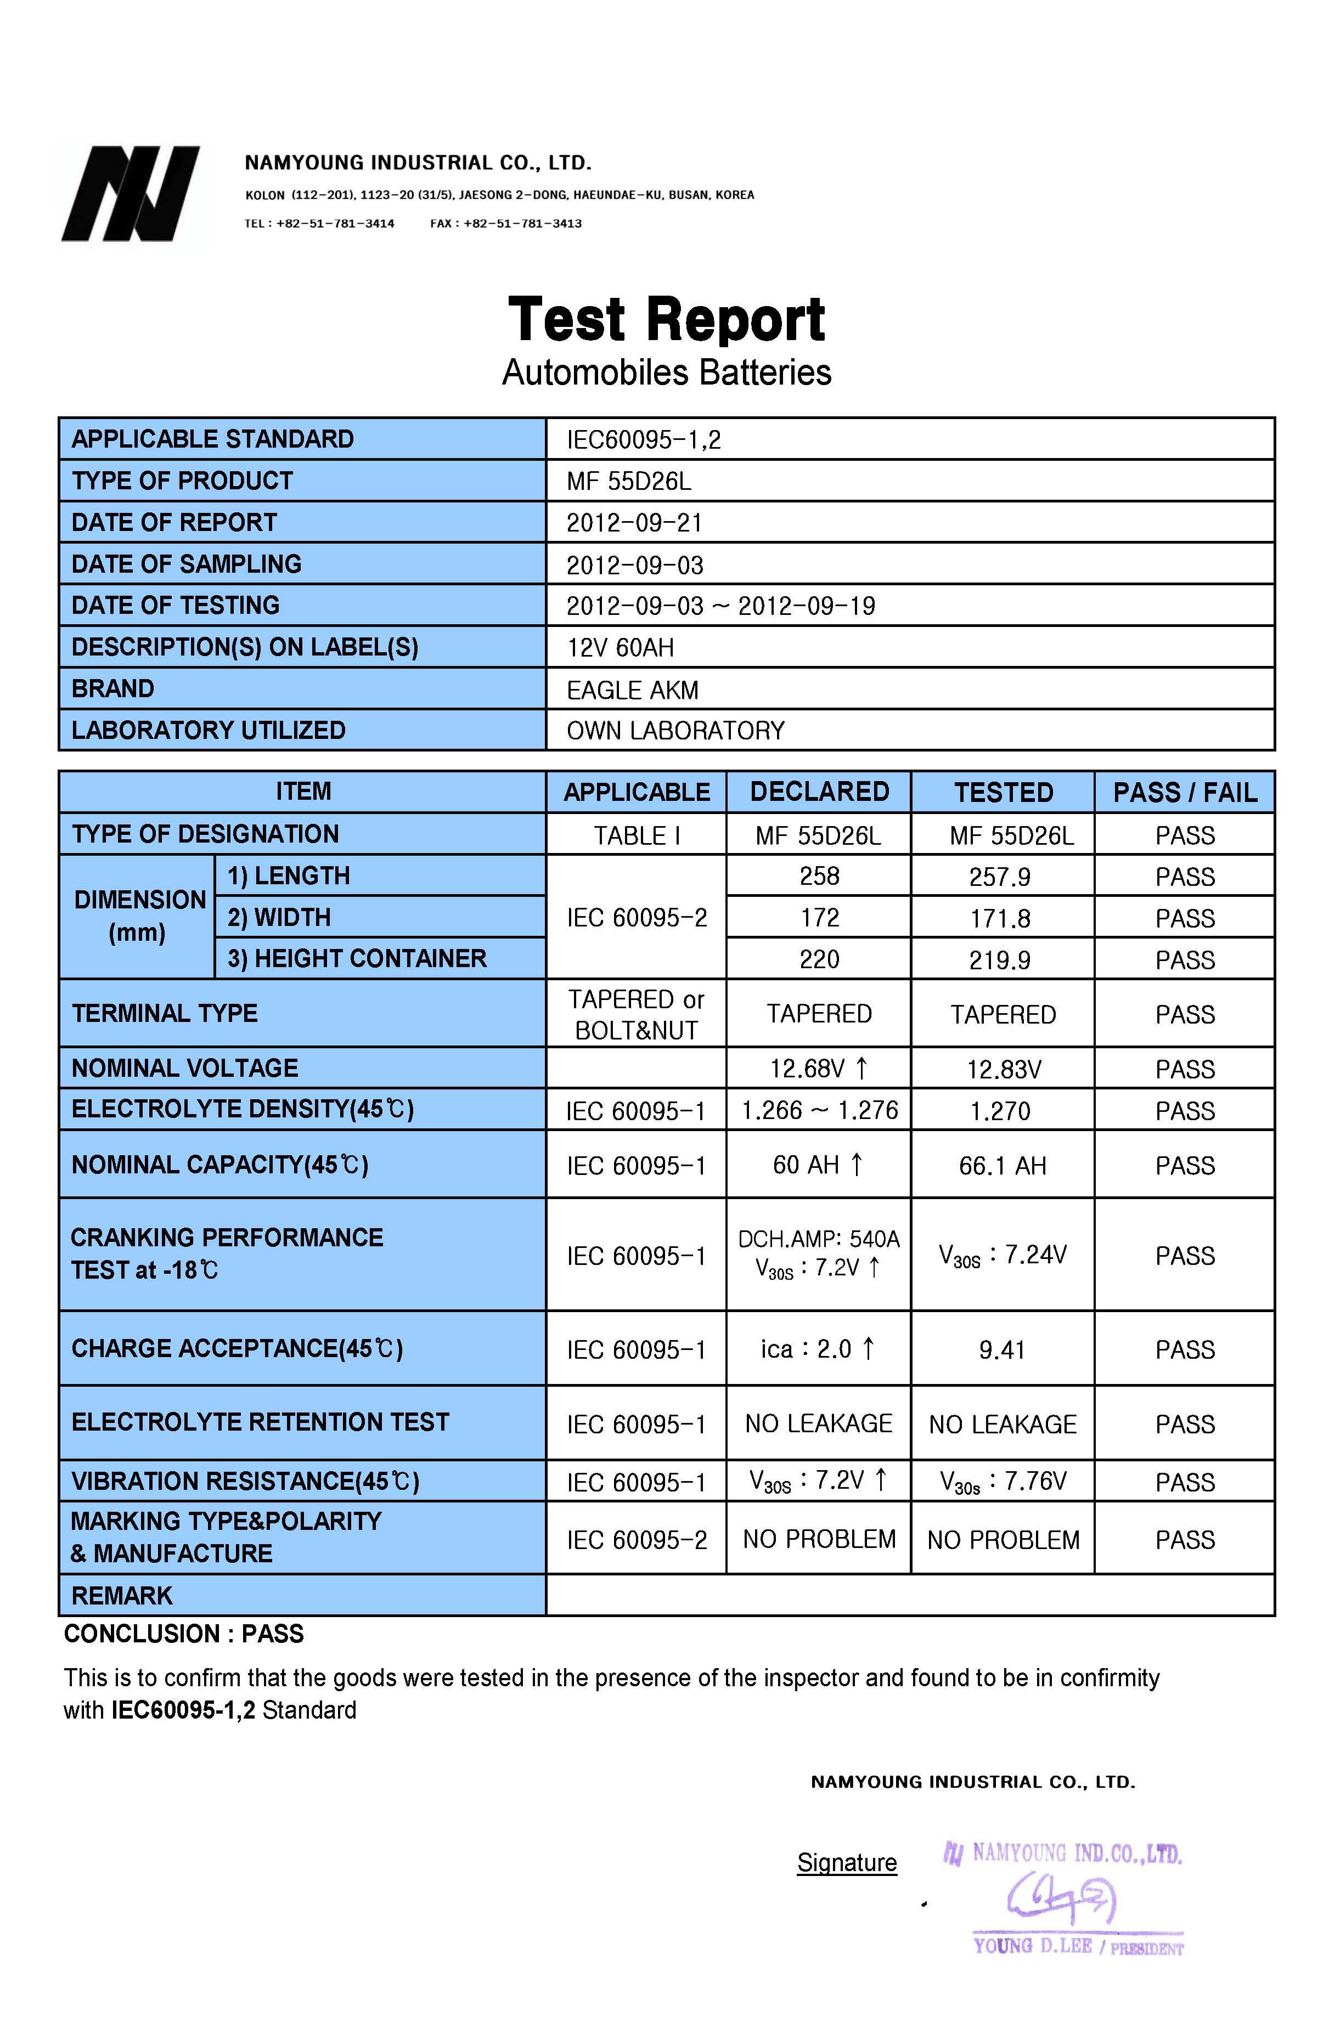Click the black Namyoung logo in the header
[x=130, y=194]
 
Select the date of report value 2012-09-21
[x=634, y=522]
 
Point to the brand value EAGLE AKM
[x=633, y=690]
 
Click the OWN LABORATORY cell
[x=675, y=731]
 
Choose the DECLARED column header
[x=819, y=792]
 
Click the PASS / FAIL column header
[x=1185, y=792]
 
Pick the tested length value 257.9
[x=999, y=877]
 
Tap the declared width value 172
[x=819, y=918]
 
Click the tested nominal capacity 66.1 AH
[x=1001, y=1166]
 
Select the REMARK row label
[x=122, y=1596]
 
